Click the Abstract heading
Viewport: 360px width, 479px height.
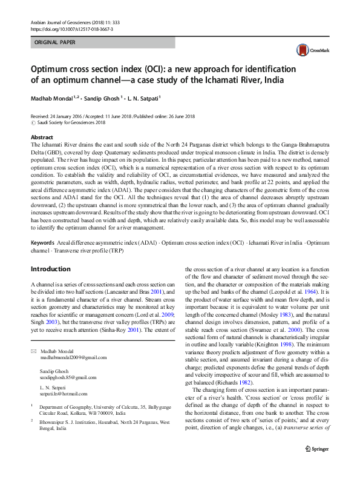42,137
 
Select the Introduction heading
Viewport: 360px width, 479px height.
50,268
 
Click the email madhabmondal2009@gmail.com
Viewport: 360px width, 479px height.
73,358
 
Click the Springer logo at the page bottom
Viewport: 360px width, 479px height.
316,465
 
